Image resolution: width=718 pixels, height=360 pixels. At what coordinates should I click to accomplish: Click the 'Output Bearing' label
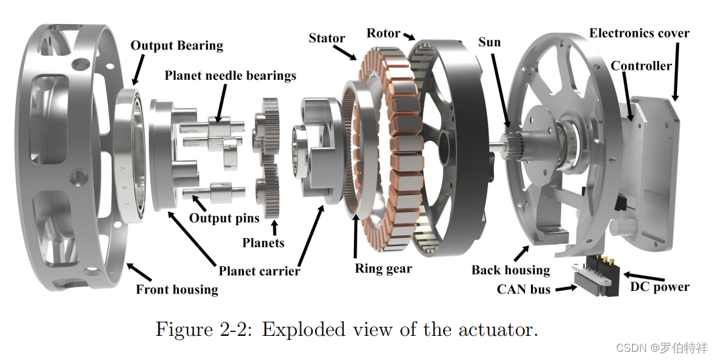(176, 46)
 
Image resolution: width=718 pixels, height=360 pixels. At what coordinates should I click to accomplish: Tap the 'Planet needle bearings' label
(230, 75)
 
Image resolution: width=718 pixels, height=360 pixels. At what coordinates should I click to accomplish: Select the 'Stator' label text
(326, 38)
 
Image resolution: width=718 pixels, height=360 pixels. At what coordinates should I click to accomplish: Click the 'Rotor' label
(383, 33)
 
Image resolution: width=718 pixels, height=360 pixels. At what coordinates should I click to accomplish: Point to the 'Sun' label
(489, 43)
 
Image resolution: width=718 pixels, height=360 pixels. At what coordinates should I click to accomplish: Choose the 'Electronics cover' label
(639, 33)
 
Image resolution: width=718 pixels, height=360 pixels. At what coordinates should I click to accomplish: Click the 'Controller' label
(641, 66)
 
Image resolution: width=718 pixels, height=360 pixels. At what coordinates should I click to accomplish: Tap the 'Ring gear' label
(383, 269)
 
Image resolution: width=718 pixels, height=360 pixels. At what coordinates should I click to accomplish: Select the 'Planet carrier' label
(259, 272)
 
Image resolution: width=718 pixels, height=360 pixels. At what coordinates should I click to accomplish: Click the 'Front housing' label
(177, 290)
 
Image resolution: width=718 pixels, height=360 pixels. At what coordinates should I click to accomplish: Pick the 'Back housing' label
(511, 270)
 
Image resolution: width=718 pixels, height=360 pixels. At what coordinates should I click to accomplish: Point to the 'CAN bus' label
(524, 290)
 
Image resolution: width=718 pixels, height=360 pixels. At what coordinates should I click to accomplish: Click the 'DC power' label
(659, 286)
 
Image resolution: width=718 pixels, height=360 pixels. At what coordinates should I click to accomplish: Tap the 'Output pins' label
(224, 219)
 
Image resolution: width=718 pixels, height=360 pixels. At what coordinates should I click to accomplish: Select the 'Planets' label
(263, 243)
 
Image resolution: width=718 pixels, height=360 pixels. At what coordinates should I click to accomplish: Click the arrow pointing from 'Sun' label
(499, 88)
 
